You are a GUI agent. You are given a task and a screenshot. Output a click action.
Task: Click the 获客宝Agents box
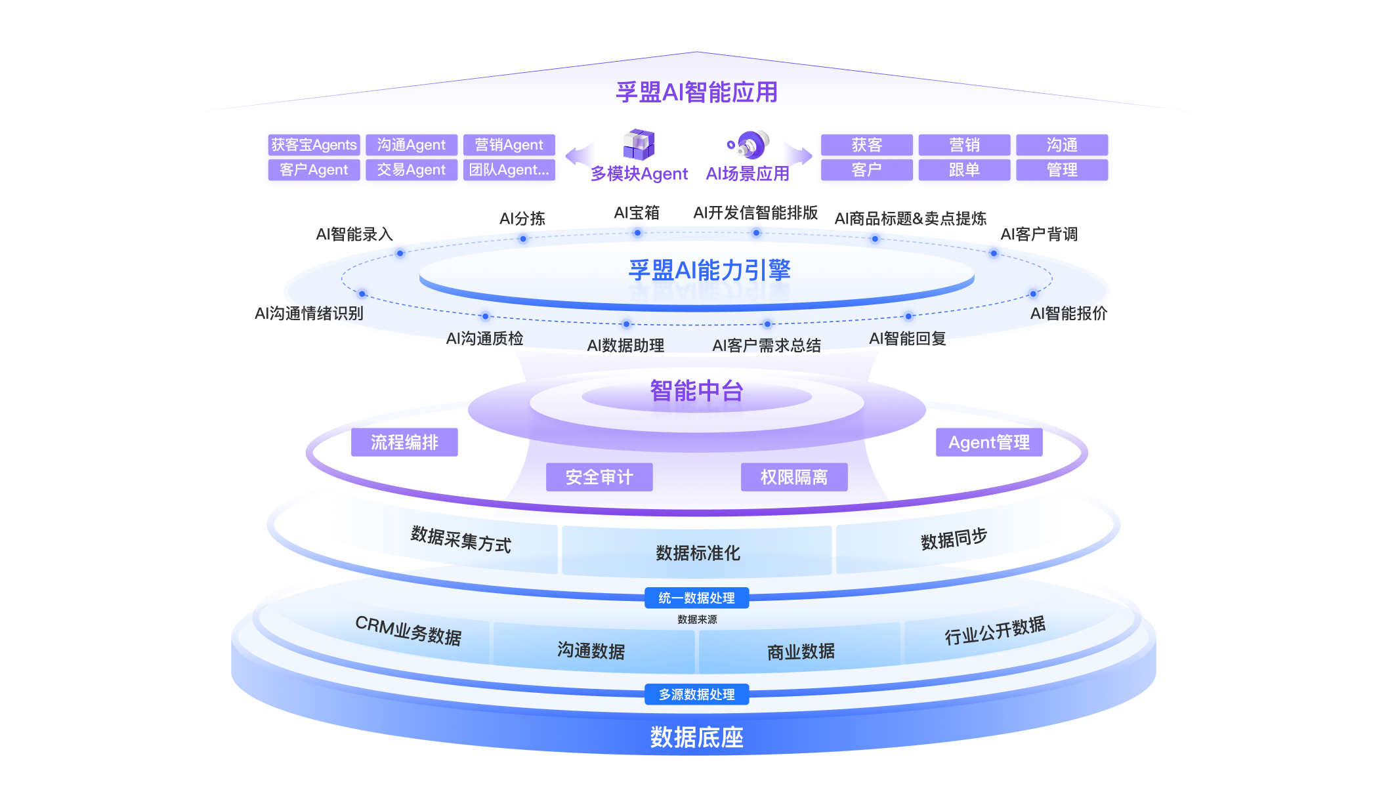pyautogui.click(x=314, y=144)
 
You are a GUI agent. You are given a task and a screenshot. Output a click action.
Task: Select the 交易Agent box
pyautogui.click(x=411, y=170)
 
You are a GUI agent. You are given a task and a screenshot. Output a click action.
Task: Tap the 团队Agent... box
pyautogui.click(x=509, y=170)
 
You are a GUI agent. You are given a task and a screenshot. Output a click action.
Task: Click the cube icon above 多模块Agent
pyautogui.click(x=639, y=144)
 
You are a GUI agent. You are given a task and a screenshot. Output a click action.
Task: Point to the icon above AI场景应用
pyautogui.click(x=749, y=144)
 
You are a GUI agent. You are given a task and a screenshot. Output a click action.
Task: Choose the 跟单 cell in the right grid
pyautogui.click(x=964, y=170)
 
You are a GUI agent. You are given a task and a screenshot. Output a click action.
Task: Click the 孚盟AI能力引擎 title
pyautogui.click(x=709, y=270)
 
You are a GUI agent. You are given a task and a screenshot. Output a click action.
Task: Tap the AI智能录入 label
pyautogui.click(x=354, y=234)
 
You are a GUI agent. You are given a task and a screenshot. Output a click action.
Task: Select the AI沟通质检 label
pyautogui.click(x=485, y=339)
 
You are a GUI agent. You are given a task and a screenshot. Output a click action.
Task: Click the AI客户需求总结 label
pyautogui.click(x=767, y=346)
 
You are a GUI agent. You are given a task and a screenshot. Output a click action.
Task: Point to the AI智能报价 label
pyautogui.click(x=1068, y=314)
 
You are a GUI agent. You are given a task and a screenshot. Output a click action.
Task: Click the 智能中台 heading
pyautogui.click(x=696, y=391)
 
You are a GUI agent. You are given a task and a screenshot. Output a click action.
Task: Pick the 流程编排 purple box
pyautogui.click(x=404, y=442)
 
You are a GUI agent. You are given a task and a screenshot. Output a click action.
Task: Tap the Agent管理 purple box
pyautogui.click(x=989, y=442)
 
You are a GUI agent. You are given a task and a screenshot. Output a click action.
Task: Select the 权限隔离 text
pyautogui.click(x=794, y=477)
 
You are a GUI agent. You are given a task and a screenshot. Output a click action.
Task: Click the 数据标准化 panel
pyautogui.click(x=698, y=553)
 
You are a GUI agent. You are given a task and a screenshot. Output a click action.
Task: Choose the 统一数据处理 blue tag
pyautogui.click(x=696, y=598)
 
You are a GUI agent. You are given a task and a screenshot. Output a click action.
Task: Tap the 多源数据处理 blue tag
pyautogui.click(x=696, y=694)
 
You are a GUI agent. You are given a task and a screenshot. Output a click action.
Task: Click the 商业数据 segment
pyautogui.click(x=801, y=652)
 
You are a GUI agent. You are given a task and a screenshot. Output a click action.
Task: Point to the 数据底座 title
pyautogui.click(x=696, y=737)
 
